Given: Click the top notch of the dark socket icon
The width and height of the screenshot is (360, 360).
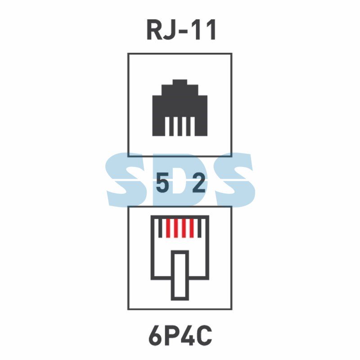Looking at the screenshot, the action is (x=180, y=82).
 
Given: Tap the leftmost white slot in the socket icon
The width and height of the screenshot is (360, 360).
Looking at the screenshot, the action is (x=167, y=126).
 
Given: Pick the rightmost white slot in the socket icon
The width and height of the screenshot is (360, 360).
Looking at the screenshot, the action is (x=193, y=126).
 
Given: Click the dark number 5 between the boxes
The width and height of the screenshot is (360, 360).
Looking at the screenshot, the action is (x=162, y=183).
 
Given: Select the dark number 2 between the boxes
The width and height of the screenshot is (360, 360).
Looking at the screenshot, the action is (x=198, y=183).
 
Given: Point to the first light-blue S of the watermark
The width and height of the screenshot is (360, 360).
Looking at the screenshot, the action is (x=125, y=179).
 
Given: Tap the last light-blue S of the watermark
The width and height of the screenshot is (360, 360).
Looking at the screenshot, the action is (x=234, y=179).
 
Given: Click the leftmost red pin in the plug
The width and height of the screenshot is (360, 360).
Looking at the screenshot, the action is (x=168, y=228).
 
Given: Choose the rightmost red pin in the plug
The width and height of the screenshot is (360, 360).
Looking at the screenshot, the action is (x=192, y=228).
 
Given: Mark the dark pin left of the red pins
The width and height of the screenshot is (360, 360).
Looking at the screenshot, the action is (x=160, y=228).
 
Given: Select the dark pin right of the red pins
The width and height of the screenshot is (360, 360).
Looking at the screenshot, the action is (x=199, y=228).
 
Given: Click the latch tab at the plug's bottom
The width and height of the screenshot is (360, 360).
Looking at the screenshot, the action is (x=180, y=275).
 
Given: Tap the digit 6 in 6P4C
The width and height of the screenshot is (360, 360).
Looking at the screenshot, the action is (x=155, y=336).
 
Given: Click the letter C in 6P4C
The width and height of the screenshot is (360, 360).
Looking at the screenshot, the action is (x=204, y=336).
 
